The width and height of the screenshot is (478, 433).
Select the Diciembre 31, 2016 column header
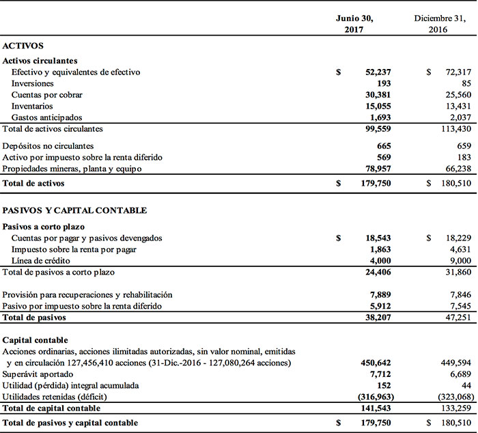point(440,24)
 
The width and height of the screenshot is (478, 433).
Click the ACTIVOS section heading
point(23,46)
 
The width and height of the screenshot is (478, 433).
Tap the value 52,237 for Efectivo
point(380,72)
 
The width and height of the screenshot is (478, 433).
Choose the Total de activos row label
point(33,183)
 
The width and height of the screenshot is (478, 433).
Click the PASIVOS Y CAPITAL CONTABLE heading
point(75,210)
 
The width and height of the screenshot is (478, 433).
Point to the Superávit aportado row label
point(38,374)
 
